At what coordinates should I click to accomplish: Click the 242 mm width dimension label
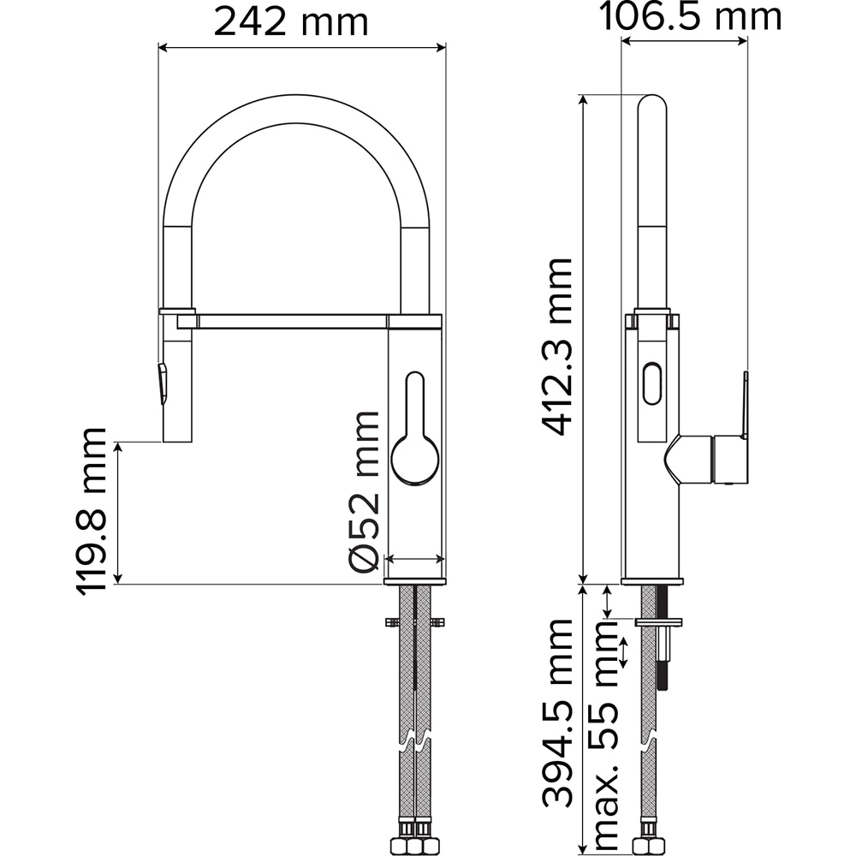pyautogui.click(x=291, y=22)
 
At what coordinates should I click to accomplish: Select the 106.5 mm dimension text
pyautogui.click(x=691, y=17)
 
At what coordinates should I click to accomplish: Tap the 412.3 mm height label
pyautogui.click(x=557, y=348)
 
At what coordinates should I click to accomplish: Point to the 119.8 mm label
pyautogui.click(x=91, y=511)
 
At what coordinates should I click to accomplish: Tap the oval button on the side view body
pyautogui.click(x=652, y=383)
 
